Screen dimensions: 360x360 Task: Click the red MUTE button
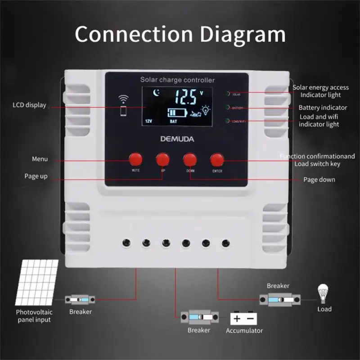(x=135, y=159)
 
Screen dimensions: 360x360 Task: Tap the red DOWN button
(x=190, y=159)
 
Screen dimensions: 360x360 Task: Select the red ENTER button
(x=217, y=159)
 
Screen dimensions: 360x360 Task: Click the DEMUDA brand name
(x=177, y=139)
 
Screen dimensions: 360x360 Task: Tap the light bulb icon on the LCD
(x=206, y=110)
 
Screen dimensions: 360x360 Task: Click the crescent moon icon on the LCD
(x=156, y=94)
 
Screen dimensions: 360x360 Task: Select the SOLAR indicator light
(x=228, y=94)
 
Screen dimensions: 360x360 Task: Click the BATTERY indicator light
(x=228, y=108)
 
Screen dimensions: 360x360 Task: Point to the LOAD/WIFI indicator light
(x=228, y=121)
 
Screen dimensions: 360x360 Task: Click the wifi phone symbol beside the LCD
(x=123, y=106)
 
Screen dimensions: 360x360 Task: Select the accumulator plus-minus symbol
(x=244, y=319)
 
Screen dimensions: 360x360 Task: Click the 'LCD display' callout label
(x=29, y=105)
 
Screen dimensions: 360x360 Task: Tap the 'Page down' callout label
(x=319, y=180)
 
